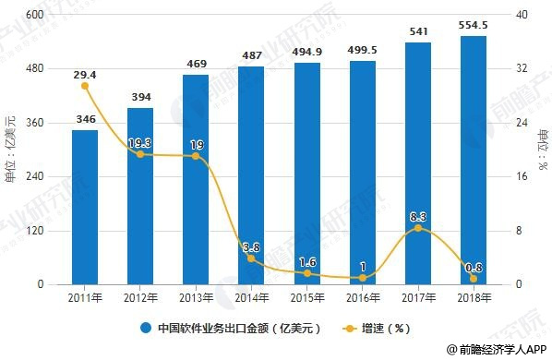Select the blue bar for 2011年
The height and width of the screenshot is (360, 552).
click(85, 208)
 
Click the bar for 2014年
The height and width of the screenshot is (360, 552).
click(251, 175)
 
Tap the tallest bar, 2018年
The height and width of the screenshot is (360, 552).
click(473, 161)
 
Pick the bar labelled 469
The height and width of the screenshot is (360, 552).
click(196, 180)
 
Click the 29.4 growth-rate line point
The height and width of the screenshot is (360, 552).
click(85, 86)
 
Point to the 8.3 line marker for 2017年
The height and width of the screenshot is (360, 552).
click(418, 228)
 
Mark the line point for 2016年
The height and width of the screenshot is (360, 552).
click(363, 277)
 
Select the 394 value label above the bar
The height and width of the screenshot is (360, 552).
click(140, 97)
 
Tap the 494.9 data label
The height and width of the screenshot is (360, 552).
click(306, 52)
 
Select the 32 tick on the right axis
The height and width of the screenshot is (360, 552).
click(522, 69)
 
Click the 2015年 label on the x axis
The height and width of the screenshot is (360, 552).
click(306, 297)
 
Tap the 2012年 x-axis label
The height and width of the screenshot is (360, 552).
click(140, 297)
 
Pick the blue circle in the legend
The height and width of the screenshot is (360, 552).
click(145, 327)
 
